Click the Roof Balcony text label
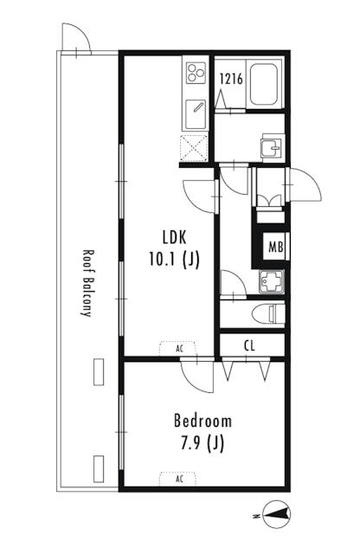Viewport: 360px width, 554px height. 87,284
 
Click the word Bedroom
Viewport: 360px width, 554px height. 202,421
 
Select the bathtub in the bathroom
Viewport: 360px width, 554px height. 261,84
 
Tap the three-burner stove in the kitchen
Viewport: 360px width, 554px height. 195,74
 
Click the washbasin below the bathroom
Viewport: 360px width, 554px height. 272,146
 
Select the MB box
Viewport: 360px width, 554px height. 274,247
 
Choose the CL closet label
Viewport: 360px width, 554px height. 249,346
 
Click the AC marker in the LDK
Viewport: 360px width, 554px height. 179,348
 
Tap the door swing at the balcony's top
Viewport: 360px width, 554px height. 76,38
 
